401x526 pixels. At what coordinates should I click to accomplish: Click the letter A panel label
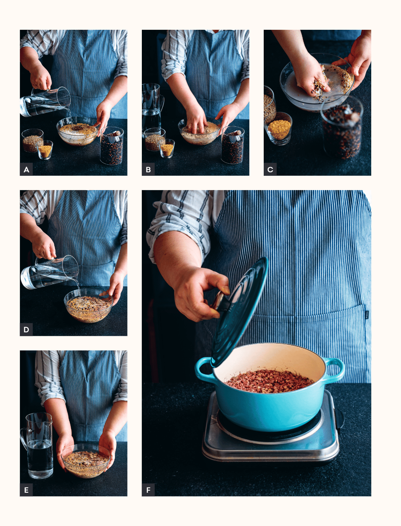point(26,169)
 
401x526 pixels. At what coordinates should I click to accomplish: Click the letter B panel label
point(148,169)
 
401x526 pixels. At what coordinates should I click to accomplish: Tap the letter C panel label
point(270,169)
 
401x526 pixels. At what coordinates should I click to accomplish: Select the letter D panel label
point(26,330)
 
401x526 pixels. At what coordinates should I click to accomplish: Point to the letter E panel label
point(26,490)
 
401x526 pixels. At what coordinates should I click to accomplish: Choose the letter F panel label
point(148,490)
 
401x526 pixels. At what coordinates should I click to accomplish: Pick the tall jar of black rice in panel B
point(233,145)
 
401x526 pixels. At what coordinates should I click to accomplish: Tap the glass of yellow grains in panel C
point(279,129)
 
